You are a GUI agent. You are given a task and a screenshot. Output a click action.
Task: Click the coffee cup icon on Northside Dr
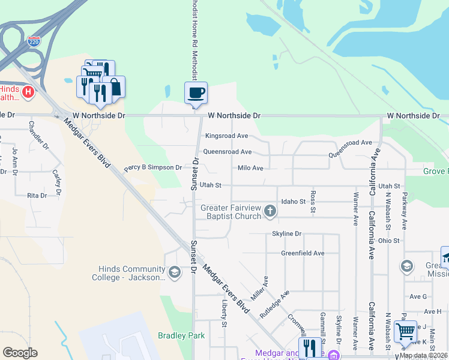pyautogui.click(x=196, y=94)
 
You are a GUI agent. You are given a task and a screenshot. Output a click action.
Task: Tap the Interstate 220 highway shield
pyautogui.click(x=34, y=42)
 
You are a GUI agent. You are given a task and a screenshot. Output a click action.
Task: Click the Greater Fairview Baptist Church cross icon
pyautogui.click(x=270, y=211)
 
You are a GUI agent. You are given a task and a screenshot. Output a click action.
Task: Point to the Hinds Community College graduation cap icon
pyautogui.click(x=174, y=273)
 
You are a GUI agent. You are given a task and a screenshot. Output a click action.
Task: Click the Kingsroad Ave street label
pyautogui.click(x=226, y=136)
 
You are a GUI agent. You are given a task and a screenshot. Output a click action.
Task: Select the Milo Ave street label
pyautogui.click(x=250, y=169)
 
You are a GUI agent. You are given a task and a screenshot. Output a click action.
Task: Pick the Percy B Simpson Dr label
pyautogui.click(x=152, y=168)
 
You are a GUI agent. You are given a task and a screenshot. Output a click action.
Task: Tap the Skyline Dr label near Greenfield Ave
pyautogui.click(x=286, y=233)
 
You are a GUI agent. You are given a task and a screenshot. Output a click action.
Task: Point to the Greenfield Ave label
pyautogui.click(x=303, y=253)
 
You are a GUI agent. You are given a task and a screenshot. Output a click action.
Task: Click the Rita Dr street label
pyautogui.click(x=37, y=196)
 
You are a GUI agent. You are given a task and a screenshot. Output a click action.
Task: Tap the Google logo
pyautogui.click(x=20, y=353)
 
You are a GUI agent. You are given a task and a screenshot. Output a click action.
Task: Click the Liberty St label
pyautogui.click(x=224, y=314)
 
